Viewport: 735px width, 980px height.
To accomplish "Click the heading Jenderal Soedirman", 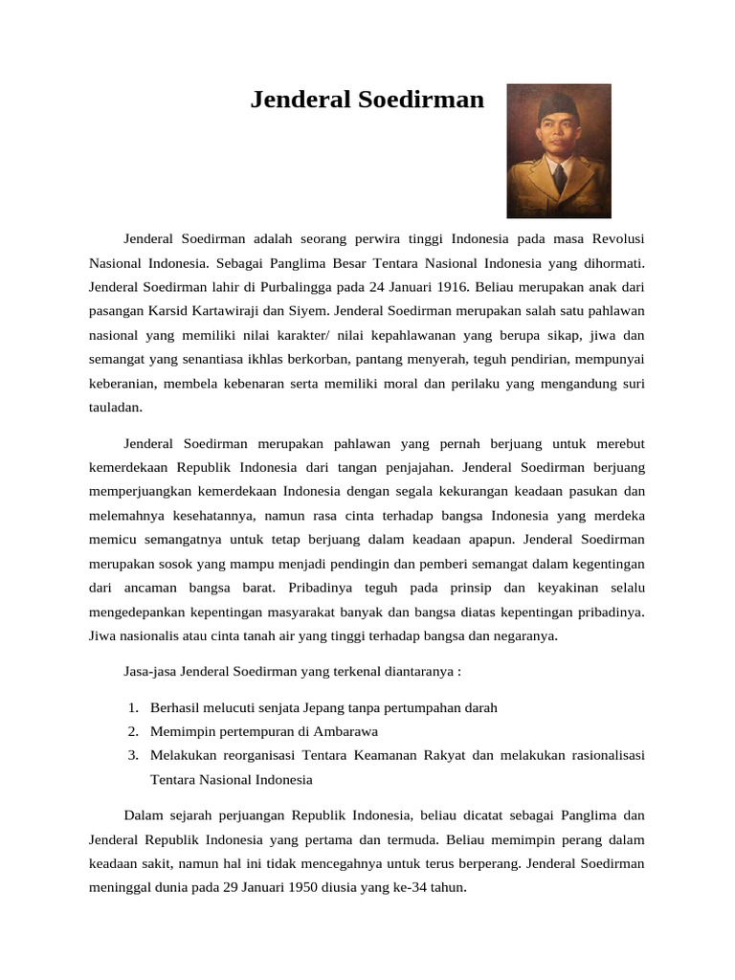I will [367, 100].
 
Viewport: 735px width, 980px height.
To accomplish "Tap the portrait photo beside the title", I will [558, 150].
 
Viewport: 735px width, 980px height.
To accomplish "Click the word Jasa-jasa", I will [150, 671].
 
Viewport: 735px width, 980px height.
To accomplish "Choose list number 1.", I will [132, 707].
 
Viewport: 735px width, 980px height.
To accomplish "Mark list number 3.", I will [132, 755].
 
